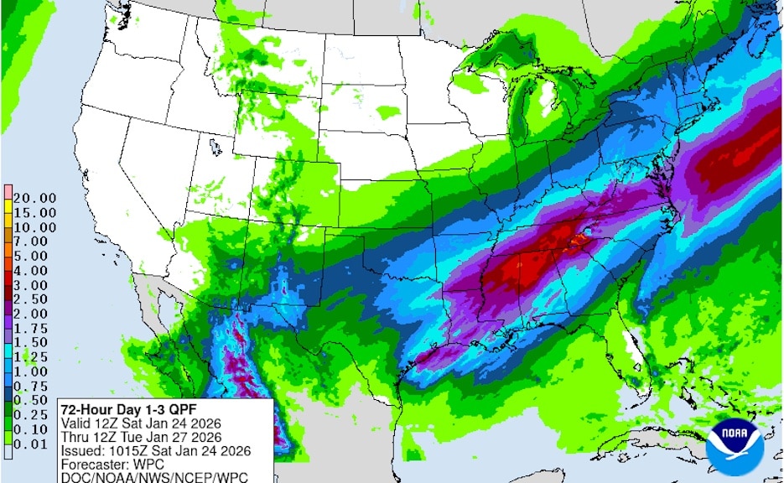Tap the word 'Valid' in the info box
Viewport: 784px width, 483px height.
[75, 423]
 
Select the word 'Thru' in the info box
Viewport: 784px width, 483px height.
[75, 438]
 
